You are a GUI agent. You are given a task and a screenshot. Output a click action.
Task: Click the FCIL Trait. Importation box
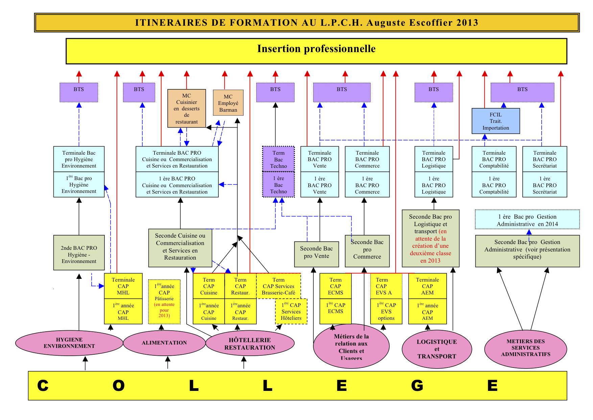(495, 121)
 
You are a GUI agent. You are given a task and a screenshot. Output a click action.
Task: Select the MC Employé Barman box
(228, 103)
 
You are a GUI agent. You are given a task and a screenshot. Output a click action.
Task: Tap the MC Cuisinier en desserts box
(187, 108)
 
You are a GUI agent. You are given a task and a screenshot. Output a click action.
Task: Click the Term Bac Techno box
(278, 159)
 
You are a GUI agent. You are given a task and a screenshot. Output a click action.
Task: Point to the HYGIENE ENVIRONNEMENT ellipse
(69, 343)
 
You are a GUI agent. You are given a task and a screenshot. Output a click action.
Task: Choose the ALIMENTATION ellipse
(164, 343)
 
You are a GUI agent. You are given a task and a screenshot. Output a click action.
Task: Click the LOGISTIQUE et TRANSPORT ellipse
(436, 349)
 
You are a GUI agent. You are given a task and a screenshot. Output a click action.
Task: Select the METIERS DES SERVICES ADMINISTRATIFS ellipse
(525, 348)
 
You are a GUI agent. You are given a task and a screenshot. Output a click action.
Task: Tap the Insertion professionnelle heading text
(316, 49)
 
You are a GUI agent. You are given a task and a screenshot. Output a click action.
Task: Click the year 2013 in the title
(467, 23)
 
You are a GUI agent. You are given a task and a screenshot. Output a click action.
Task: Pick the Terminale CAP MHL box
(123, 286)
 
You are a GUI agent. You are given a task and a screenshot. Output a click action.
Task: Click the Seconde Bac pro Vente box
(316, 252)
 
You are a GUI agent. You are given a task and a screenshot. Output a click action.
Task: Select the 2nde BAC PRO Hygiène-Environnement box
(79, 254)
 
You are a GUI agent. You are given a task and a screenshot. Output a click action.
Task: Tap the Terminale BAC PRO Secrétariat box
(544, 159)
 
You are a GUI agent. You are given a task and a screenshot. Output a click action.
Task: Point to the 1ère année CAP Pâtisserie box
(164, 301)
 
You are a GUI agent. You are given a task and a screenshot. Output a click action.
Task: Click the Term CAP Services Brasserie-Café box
(278, 286)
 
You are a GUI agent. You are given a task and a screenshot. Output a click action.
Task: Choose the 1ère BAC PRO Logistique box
(433, 185)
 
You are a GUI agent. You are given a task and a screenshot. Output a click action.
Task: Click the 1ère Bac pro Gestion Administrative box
(527, 220)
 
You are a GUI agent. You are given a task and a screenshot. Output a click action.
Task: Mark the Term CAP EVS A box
(386, 286)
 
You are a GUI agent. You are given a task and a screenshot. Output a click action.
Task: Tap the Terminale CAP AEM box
(427, 286)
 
